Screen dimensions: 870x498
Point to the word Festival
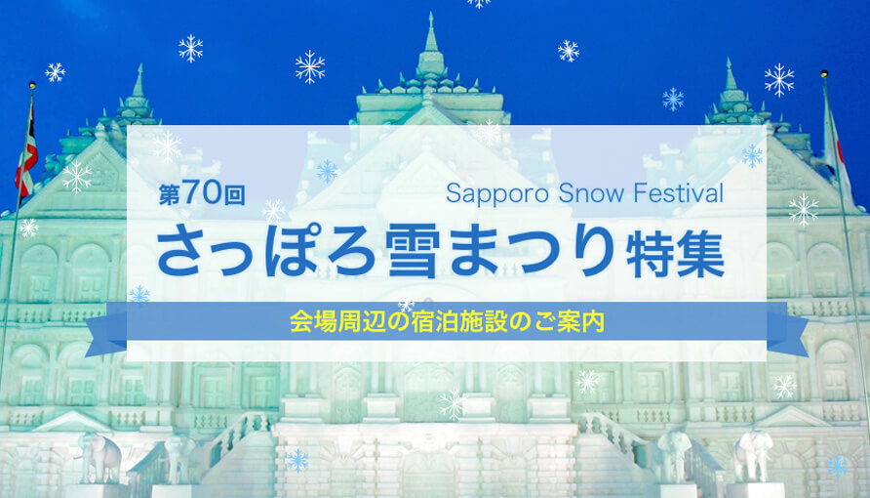tap(679, 192)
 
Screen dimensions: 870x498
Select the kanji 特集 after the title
tap(675, 253)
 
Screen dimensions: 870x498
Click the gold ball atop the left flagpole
tap(32, 86)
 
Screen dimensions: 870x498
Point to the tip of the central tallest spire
tap(431, 14)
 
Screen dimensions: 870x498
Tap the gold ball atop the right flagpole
tap(824, 74)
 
